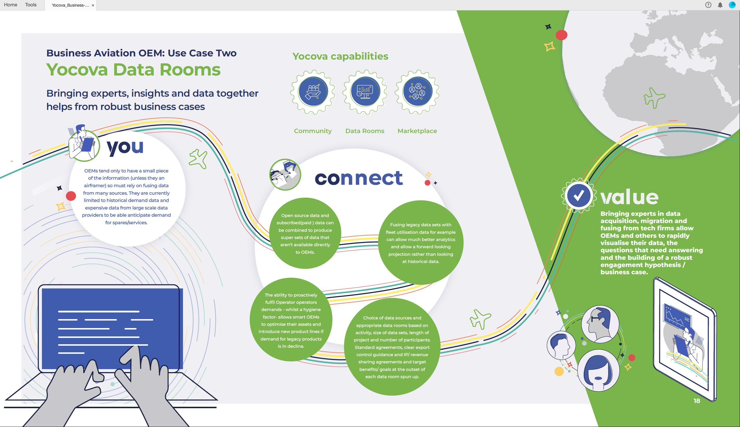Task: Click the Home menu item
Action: coord(10,5)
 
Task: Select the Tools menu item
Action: coord(31,5)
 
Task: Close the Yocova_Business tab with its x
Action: coord(93,5)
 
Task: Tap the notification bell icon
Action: coord(720,5)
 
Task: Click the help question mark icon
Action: coord(708,5)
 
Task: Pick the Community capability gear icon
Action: coord(313,92)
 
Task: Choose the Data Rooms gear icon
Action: coord(365,92)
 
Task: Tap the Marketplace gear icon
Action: coord(417,92)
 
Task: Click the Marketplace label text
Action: coord(417,131)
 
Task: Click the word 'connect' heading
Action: coord(359,178)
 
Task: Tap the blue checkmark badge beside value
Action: coord(578,195)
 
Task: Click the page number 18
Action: coord(697,401)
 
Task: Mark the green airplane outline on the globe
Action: coord(654,98)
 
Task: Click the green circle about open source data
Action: coord(305,233)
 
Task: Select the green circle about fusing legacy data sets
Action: coord(421,242)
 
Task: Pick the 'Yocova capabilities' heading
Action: coord(341,56)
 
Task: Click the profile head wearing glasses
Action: coord(600,324)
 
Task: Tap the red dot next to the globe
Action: coord(561,35)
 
